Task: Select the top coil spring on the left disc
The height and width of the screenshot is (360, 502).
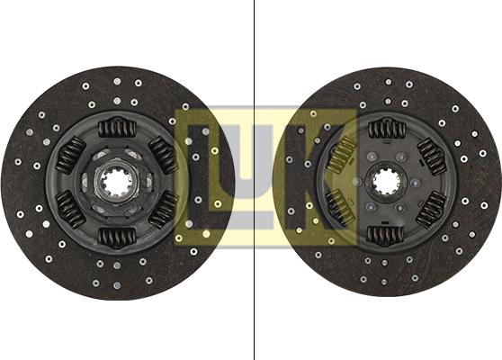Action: coord(115,129)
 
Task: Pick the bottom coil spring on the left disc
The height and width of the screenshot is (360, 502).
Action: coord(116,238)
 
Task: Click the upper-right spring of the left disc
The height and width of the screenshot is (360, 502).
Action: coord(163,155)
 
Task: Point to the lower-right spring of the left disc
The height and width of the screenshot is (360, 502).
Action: coord(163,210)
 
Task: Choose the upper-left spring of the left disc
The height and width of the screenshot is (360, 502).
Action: coord(69,156)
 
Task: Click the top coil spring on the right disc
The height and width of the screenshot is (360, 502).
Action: coord(387,128)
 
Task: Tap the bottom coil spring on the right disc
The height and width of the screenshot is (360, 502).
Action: coord(386,236)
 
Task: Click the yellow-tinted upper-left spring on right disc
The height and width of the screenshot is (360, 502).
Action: coord(340,156)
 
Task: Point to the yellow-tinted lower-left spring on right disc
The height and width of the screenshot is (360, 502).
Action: coord(339,209)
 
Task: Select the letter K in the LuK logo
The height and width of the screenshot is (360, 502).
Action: coord(315,175)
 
